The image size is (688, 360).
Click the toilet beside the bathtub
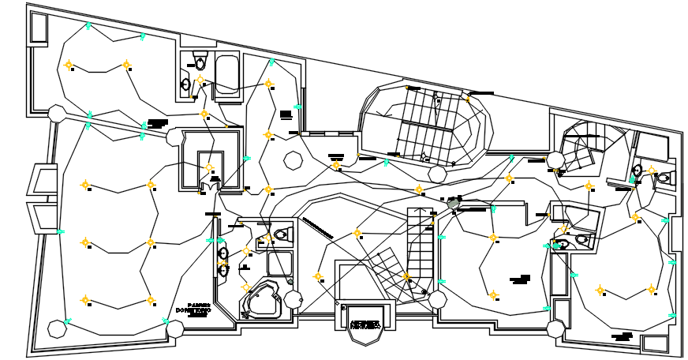pos(200,62)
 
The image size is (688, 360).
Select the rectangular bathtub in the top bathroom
pos(228,77)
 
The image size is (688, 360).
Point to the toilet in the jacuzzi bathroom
pos(282,235)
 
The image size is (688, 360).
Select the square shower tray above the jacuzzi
pos(279,263)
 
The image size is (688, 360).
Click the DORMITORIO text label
pos(192,310)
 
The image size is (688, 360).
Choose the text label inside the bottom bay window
pos(365,324)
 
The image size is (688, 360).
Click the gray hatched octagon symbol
pos(453,204)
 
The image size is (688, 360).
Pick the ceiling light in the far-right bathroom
pos(651,171)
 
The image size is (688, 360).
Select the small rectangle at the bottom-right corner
pos(653,343)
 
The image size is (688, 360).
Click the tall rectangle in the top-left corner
pos(39,28)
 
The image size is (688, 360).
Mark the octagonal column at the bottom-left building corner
pos(56,327)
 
